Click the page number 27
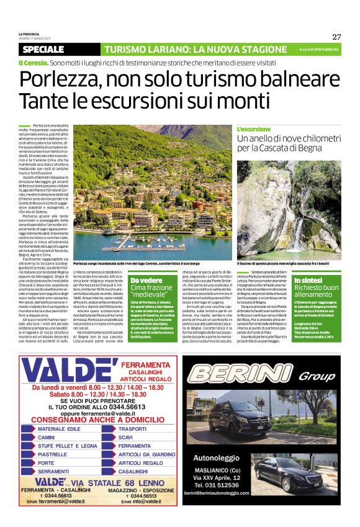point(336,37)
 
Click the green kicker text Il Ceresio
point(33,63)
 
